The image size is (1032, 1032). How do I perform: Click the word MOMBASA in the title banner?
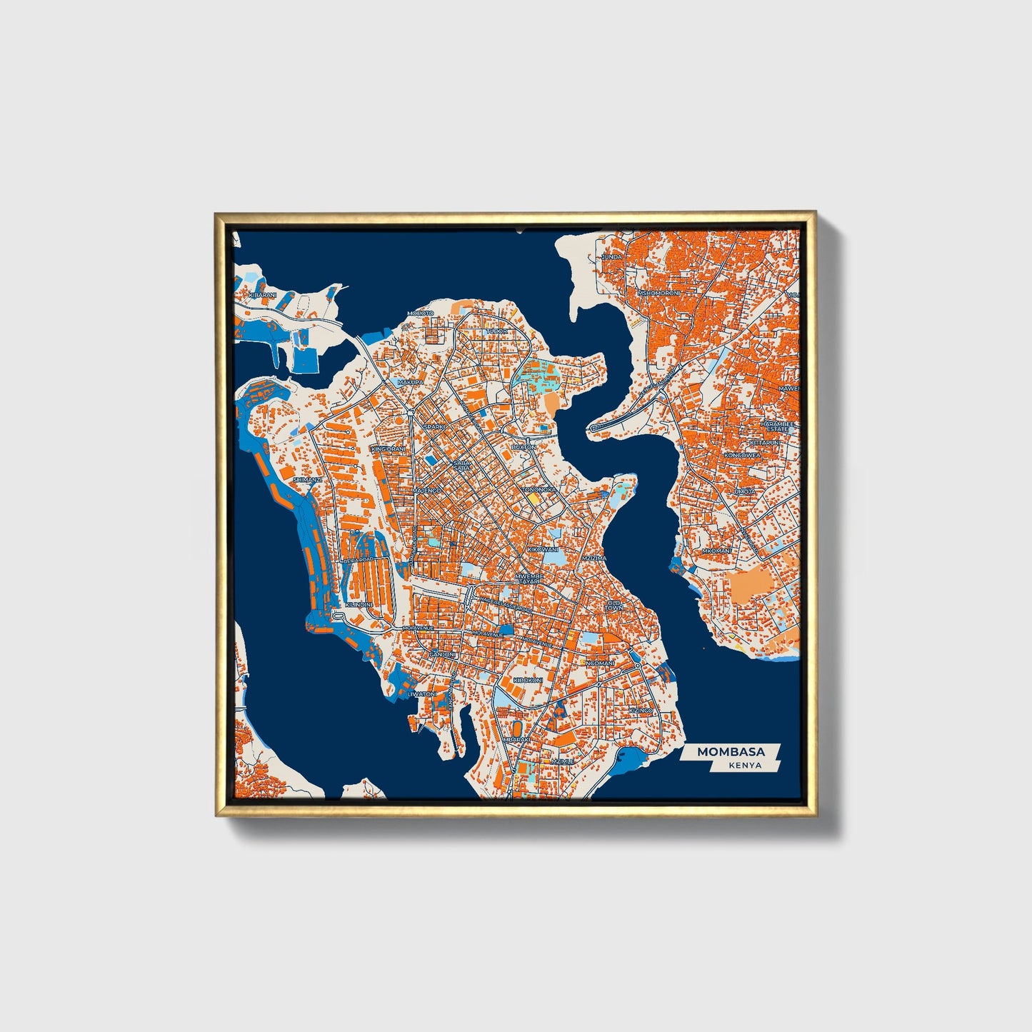(x=731, y=751)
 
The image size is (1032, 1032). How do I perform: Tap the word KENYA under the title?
(x=745, y=766)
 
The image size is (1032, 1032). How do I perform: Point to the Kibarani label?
(x=262, y=294)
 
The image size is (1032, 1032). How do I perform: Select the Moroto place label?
(x=420, y=314)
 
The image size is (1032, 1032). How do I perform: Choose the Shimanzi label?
(x=307, y=480)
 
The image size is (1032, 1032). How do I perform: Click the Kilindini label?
(x=359, y=605)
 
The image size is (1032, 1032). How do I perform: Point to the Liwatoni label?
(x=421, y=693)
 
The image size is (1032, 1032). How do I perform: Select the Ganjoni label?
(x=442, y=654)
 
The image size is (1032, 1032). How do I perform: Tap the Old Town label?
(x=614, y=605)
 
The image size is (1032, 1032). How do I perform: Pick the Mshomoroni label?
(x=658, y=293)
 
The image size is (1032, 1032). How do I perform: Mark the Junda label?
(x=612, y=256)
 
